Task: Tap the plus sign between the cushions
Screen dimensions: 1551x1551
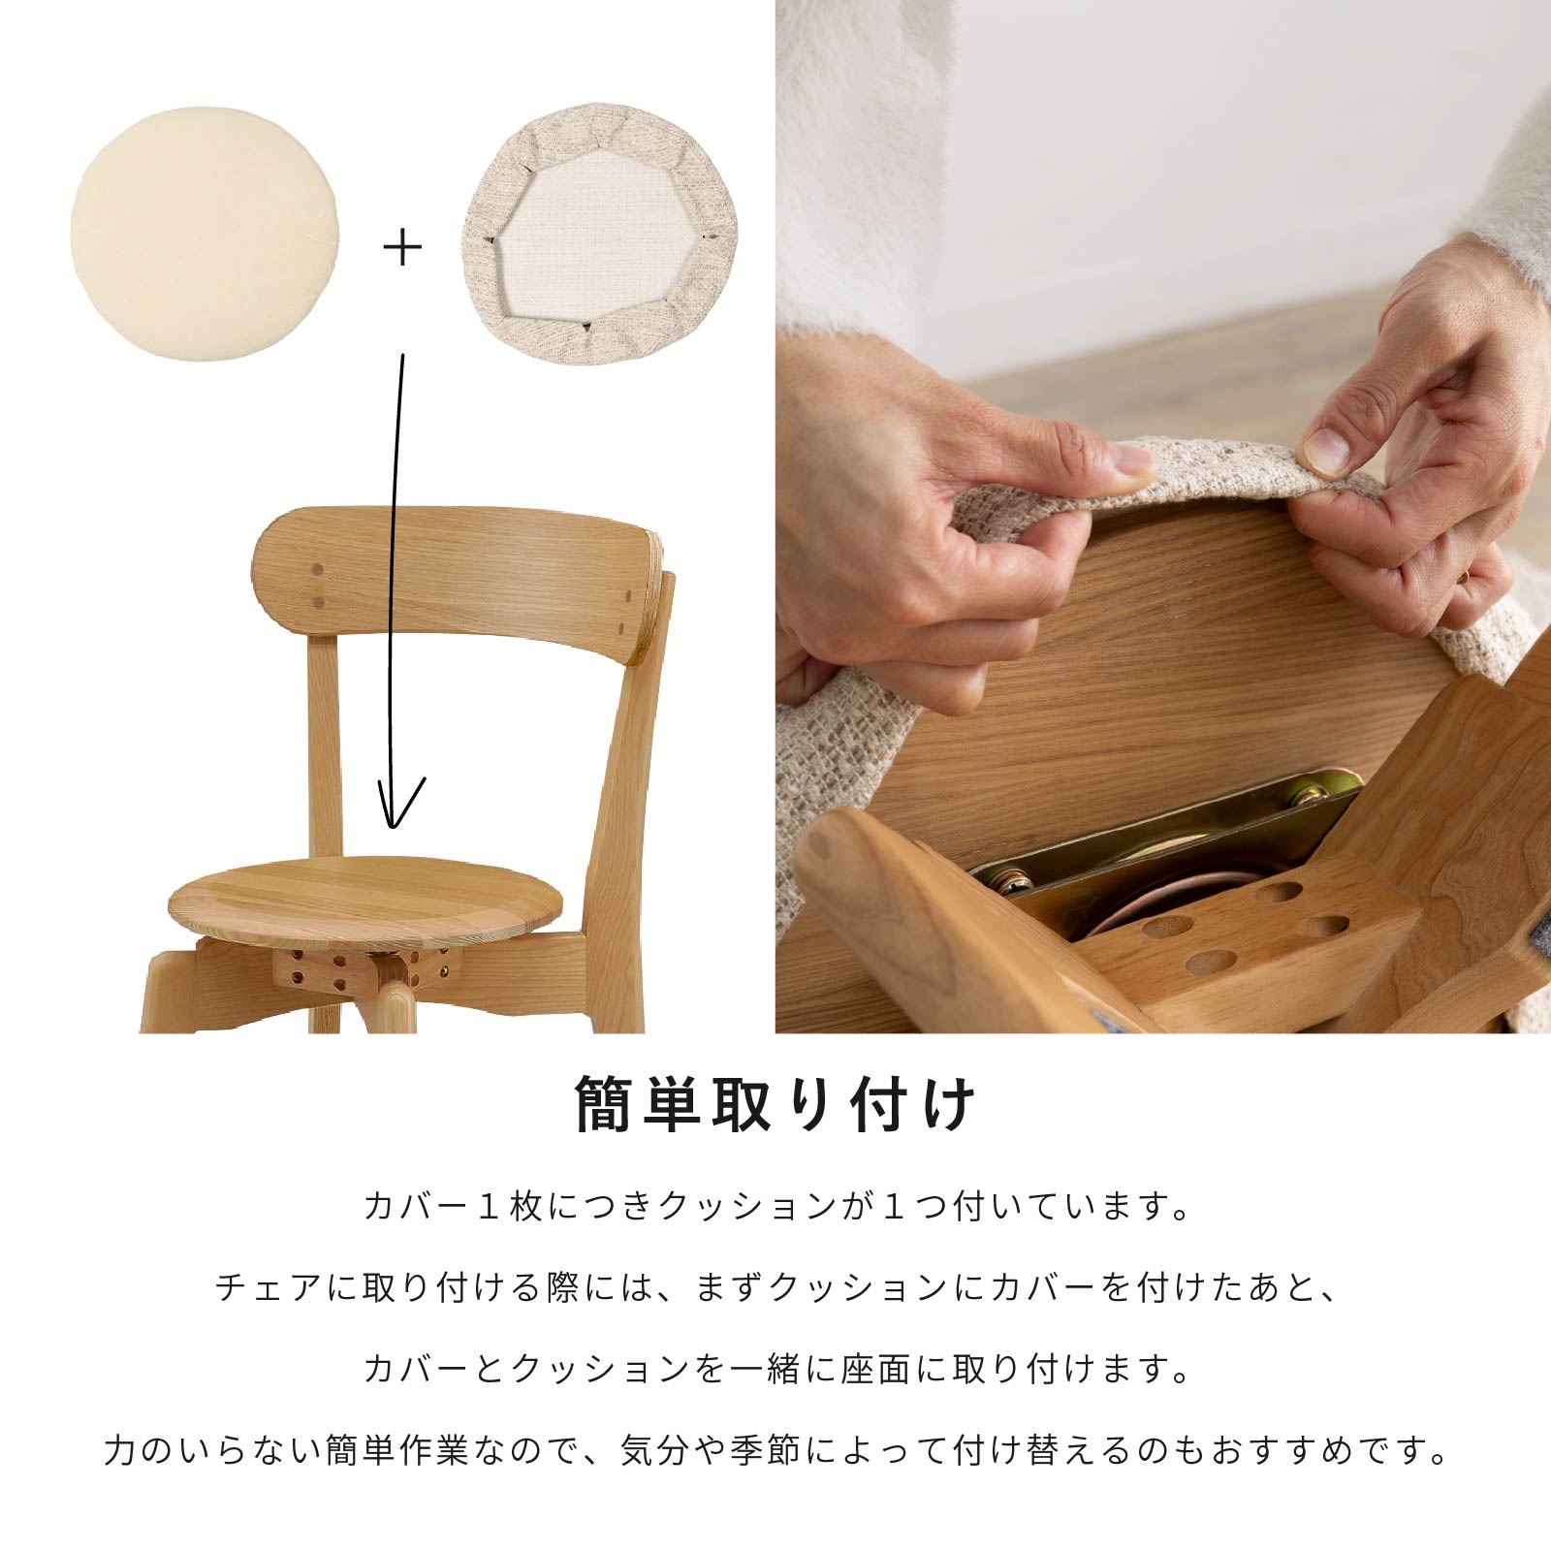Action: (x=403, y=249)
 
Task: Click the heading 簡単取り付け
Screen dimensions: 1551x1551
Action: (x=775, y=1104)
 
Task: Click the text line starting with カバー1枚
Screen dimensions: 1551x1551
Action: (x=775, y=1207)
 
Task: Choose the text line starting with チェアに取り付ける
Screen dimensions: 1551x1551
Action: (x=775, y=1288)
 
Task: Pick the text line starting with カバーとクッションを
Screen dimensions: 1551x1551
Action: (x=775, y=1369)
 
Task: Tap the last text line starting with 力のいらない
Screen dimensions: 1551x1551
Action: (x=775, y=1450)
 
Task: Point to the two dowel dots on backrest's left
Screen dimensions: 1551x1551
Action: (x=318, y=587)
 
